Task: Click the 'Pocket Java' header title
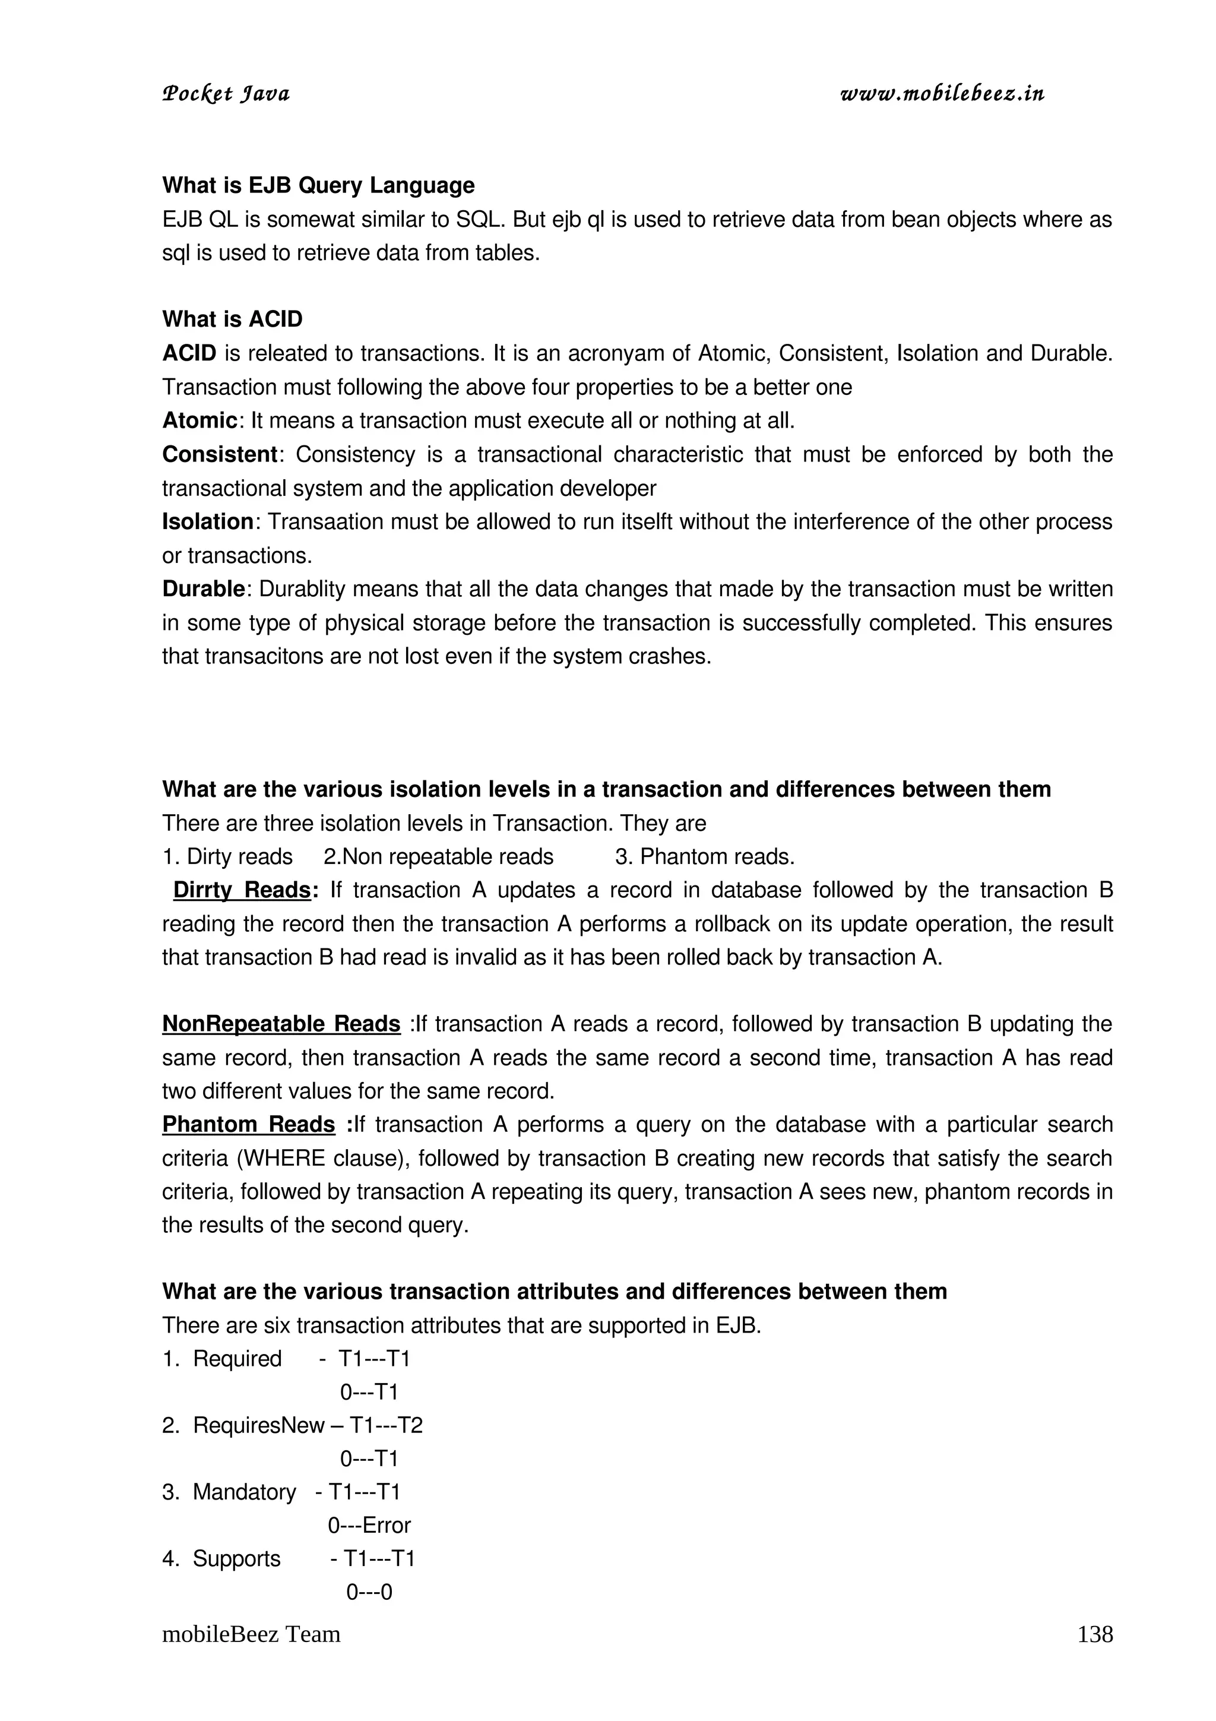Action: [x=226, y=94]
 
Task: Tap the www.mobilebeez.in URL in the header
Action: [x=942, y=94]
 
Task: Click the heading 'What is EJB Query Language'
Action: [x=318, y=185]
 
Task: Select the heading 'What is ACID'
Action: [x=232, y=319]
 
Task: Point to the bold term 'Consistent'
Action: [x=220, y=454]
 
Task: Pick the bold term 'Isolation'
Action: [x=208, y=521]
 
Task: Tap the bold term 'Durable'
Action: [x=203, y=589]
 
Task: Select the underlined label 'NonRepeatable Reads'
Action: [x=281, y=1024]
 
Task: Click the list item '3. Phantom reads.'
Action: [x=704, y=857]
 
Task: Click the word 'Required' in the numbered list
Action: [x=237, y=1359]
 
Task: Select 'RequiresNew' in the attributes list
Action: [x=258, y=1426]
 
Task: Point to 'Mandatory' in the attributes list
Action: [x=244, y=1492]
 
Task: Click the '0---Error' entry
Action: [x=369, y=1526]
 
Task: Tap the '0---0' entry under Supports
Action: [x=369, y=1592]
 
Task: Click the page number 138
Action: [x=1095, y=1635]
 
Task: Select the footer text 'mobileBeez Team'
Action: [x=251, y=1635]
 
